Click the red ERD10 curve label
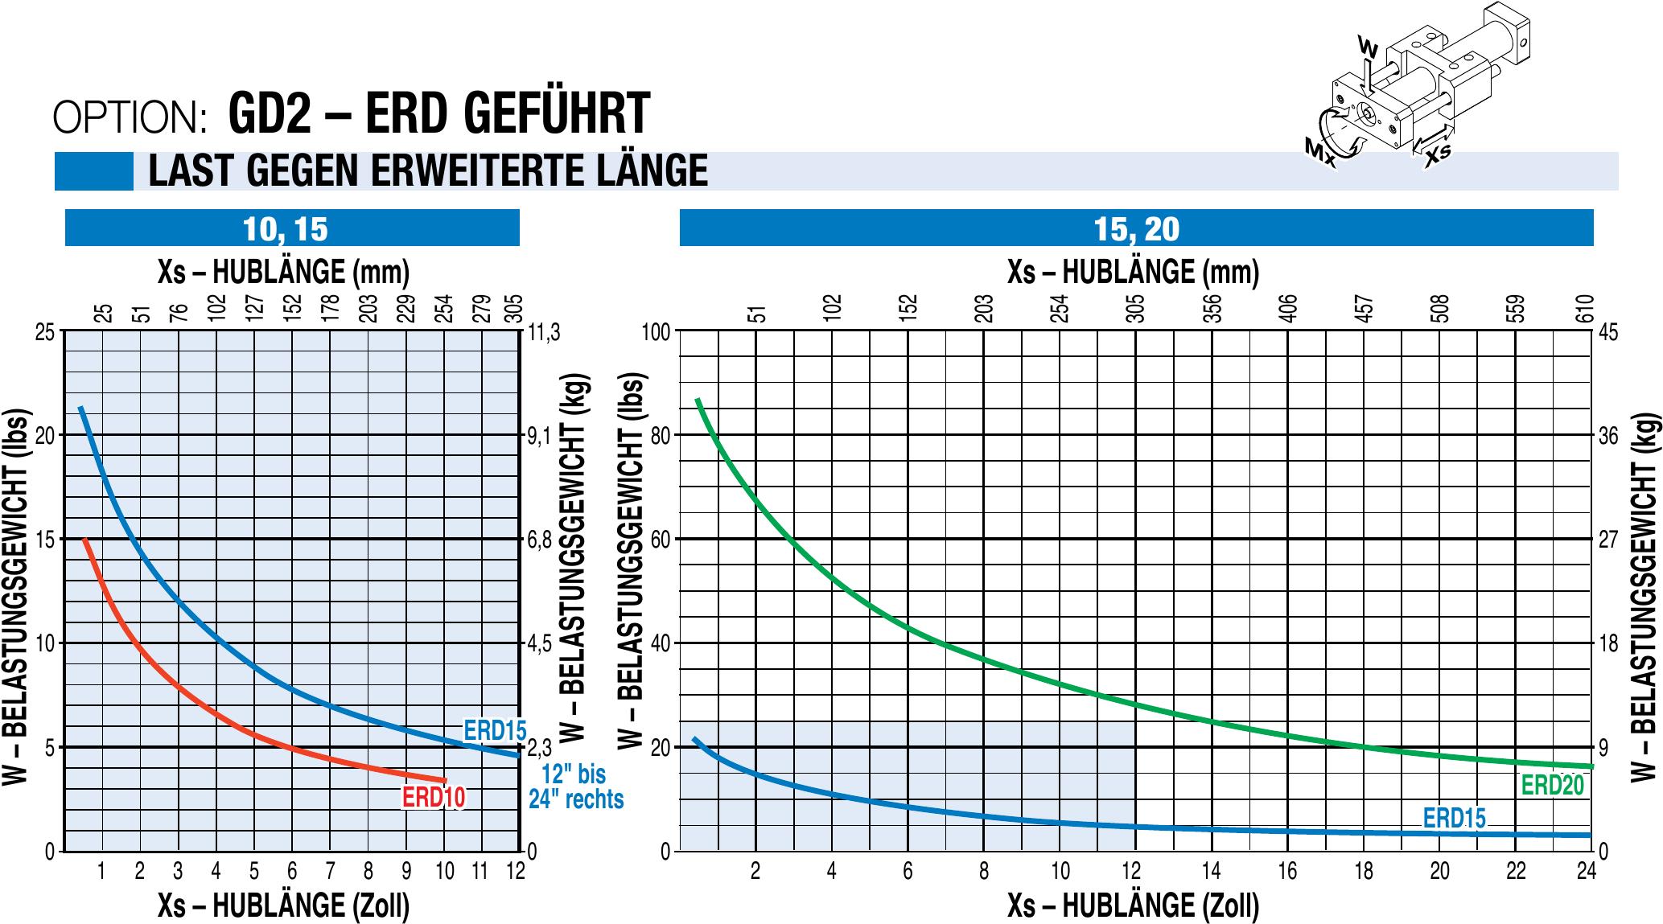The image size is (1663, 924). tap(433, 797)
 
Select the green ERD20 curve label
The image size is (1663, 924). tap(1552, 785)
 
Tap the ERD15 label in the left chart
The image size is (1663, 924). tap(494, 730)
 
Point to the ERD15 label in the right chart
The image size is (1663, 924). tap(1454, 817)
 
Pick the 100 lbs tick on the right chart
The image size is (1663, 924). tap(657, 332)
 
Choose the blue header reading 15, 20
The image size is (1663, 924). tap(1136, 228)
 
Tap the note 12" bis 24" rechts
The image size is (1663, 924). tap(575, 786)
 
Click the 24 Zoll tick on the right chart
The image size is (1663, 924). tap(1586, 871)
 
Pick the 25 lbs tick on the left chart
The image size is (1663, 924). tap(46, 332)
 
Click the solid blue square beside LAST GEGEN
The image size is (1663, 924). tap(94, 171)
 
